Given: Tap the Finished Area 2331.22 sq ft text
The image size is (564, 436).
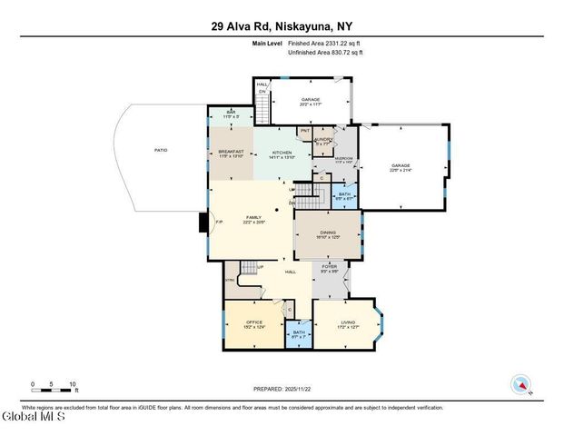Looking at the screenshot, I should (x=324, y=44).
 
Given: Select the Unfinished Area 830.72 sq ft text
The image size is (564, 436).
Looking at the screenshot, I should (x=325, y=53).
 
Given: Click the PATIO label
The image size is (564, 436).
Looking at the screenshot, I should (x=160, y=152).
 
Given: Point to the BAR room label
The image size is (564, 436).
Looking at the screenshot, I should (x=230, y=114).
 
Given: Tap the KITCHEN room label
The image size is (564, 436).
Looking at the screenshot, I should (x=282, y=154).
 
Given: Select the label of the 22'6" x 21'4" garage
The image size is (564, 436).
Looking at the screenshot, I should (x=401, y=167).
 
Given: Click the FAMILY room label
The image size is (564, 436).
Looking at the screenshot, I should (x=254, y=219).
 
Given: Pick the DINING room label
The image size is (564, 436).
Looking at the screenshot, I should (x=327, y=234).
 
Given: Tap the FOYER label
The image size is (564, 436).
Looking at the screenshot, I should (x=331, y=268).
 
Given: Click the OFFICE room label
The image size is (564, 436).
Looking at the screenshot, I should (x=255, y=324).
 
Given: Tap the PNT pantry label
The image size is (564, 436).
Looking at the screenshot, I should (x=306, y=132).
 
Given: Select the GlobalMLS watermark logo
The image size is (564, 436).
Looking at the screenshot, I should (x=34, y=417).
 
